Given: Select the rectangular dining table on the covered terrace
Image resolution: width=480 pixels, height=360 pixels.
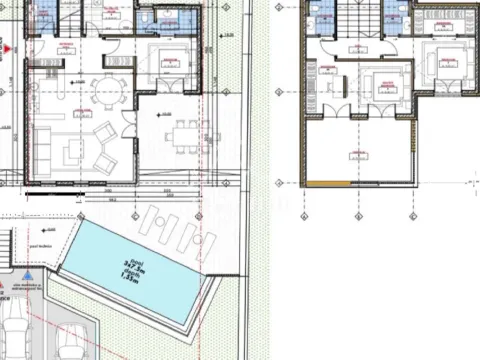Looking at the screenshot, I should (x=181, y=133).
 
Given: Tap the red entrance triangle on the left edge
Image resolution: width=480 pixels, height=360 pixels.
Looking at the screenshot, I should (x=6, y=47).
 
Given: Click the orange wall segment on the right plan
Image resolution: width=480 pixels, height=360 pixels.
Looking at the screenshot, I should (x=327, y=184).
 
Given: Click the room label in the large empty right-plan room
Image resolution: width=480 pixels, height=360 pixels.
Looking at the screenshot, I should (x=355, y=152).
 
